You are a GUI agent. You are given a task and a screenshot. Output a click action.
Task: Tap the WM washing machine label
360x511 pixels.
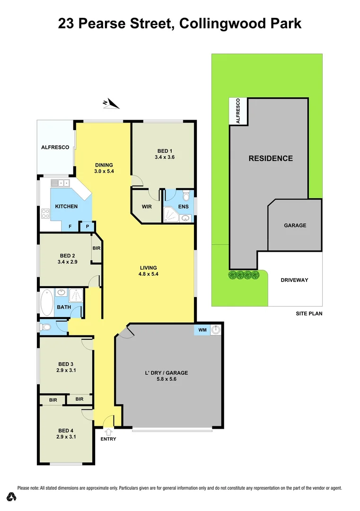point(202,329)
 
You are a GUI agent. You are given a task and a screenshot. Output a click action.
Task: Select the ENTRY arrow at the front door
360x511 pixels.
point(108,432)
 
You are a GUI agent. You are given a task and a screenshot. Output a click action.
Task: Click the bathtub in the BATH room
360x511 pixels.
point(46,303)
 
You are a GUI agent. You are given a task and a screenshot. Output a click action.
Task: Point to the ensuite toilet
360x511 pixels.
point(186,195)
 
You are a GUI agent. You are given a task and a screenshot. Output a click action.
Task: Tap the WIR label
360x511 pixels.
point(146,207)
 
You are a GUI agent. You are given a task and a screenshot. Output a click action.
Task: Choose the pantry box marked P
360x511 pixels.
point(87,227)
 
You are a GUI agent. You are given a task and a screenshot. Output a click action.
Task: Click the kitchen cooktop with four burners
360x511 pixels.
point(45,213)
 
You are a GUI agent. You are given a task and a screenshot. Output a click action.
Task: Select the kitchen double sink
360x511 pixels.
point(60,183)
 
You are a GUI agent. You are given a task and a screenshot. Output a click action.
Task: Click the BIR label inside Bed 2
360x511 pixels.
point(97,248)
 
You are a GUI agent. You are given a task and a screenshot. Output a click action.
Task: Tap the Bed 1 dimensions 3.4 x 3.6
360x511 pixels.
point(165,157)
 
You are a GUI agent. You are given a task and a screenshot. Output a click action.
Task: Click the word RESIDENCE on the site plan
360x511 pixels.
point(271,159)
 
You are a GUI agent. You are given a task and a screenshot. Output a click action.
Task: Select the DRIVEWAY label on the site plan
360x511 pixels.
point(295,280)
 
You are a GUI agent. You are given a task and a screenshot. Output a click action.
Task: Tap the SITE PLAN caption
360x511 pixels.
point(308,313)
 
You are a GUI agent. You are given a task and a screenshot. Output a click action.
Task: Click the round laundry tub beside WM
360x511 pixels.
point(216,329)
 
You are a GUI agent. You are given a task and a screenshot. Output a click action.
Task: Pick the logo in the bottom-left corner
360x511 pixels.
point(12,496)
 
